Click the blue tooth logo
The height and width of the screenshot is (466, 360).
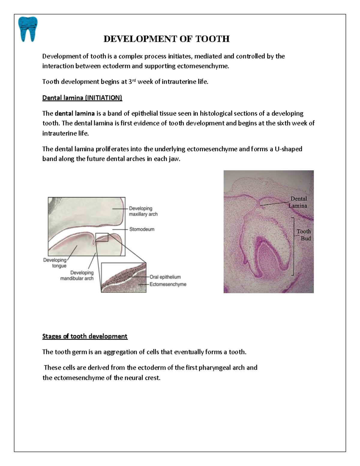tap(28, 29)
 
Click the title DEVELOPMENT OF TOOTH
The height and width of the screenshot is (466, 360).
tap(166, 39)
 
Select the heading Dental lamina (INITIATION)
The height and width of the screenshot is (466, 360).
tap(82, 98)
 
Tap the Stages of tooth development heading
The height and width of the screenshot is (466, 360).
tap(85, 336)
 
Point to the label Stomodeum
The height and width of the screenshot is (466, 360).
tap(142, 229)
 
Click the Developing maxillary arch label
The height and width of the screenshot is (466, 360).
tap(143, 211)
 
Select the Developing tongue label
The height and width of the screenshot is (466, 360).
tap(55, 263)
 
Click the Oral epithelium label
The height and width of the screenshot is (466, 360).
tap(165, 277)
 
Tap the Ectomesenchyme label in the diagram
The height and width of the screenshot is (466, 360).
tap(168, 284)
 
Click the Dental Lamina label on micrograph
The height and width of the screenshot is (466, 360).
tap(298, 202)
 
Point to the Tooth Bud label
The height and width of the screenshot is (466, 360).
tap(304, 235)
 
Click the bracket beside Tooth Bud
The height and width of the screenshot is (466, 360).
tap(293, 246)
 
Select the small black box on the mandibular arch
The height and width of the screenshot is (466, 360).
tap(102, 237)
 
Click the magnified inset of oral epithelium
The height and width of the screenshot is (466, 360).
tap(124, 278)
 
